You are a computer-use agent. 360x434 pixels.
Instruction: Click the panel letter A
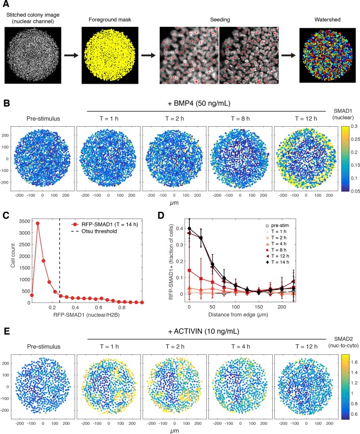(6, 4)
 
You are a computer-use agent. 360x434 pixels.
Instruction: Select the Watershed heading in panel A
(328, 20)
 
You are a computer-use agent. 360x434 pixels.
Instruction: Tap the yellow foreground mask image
(110, 55)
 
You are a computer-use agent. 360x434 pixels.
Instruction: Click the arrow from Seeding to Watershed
(289, 55)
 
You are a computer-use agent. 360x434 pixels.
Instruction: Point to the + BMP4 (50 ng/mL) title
(199, 103)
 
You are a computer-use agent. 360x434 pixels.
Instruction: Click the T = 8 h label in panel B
(240, 119)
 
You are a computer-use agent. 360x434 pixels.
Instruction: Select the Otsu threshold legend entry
(94, 231)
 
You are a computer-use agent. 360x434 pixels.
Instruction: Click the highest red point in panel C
(38, 224)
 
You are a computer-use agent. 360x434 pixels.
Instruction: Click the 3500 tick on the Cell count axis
(25, 221)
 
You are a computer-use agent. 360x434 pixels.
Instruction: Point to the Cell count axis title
(13, 256)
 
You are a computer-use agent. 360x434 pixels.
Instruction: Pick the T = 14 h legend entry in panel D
(277, 262)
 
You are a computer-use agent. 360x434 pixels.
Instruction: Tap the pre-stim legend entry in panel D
(277, 226)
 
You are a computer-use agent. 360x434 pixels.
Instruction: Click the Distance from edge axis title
(238, 315)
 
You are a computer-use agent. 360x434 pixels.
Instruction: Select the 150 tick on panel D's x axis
(259, 307)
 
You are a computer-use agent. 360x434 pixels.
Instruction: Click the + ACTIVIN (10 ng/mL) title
(204, 331)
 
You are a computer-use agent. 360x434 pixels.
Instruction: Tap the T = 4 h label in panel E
(241, 346)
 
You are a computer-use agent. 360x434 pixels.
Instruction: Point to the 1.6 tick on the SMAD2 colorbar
(354, 362)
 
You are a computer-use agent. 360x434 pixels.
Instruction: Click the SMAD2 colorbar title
(343, 342)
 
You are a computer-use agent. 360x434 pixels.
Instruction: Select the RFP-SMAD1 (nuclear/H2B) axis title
(86, 315)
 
